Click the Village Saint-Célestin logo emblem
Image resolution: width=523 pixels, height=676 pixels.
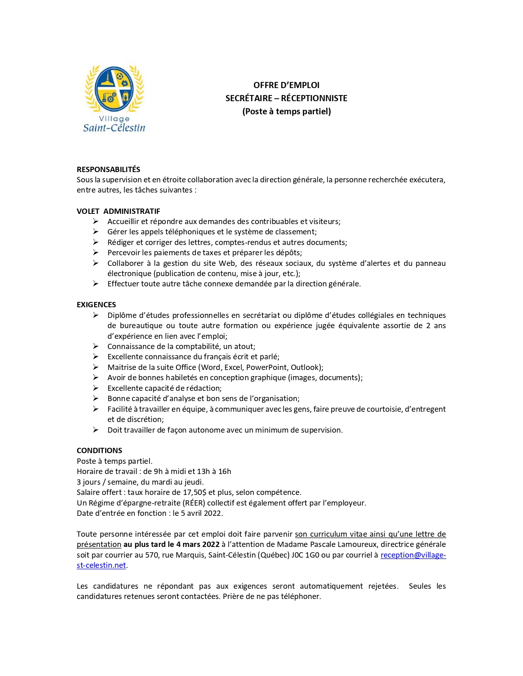(114, 89)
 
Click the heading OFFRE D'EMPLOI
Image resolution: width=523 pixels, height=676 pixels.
(286, 85)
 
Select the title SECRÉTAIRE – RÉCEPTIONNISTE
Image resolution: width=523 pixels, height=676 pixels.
(286, 98)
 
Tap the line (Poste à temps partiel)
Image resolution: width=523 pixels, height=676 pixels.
(286, 111)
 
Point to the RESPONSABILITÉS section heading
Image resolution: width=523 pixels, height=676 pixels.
(108, 170)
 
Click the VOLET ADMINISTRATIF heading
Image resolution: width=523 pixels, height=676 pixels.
(118, 211)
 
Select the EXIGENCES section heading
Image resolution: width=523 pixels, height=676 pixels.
(96, 305)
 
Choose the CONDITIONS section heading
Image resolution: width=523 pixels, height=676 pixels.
(99, 451)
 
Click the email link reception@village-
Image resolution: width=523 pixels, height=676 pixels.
(413, 555)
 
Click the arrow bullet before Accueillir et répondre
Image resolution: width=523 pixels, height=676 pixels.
(96, 222)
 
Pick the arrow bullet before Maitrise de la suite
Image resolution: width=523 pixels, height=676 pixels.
(96, 367)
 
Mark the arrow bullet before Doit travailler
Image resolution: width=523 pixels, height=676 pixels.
(96, 430)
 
